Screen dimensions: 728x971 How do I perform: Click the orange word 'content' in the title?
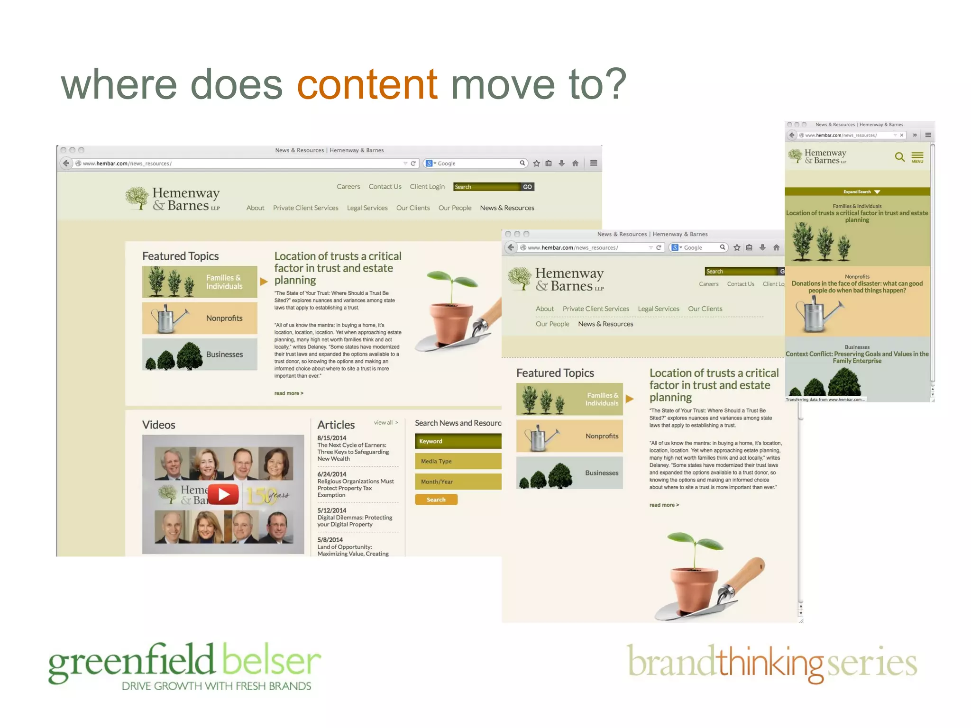coord(367,84)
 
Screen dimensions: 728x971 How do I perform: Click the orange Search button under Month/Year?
coord(436,500)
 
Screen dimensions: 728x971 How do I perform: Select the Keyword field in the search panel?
coord(458,441)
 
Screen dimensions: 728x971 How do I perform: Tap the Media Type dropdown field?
coord(458,461)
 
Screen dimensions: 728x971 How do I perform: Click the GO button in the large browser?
coord(527,187)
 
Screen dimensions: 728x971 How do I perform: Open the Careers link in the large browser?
coord(348,187)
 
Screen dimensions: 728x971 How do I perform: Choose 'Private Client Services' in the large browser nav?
coord(305,208)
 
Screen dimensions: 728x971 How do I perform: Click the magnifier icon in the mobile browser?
coord(899,156)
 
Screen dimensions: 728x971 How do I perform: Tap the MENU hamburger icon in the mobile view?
coord(917,157)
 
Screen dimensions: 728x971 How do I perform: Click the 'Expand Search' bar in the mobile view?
coord(857,192)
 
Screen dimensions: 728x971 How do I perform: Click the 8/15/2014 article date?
coord(332,438)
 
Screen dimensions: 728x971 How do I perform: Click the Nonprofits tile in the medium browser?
coord(569,436)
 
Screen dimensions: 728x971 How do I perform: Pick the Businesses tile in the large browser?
coord(200,355)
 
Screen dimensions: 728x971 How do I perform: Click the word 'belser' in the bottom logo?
coord(271,662)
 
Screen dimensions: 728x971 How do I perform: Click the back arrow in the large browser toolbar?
coord(66,164)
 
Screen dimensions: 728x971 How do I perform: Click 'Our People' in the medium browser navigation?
coord(552,324)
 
